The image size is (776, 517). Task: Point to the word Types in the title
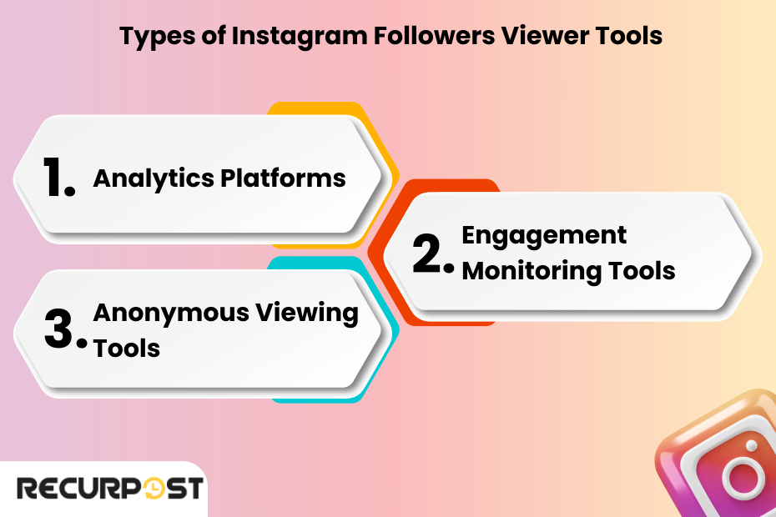[x=151, y=37]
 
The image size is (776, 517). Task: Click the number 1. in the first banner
[x=58, y=178]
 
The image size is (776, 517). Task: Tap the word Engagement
[x=544, y=235]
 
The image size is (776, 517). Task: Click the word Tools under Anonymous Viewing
[x=126, y=348]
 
